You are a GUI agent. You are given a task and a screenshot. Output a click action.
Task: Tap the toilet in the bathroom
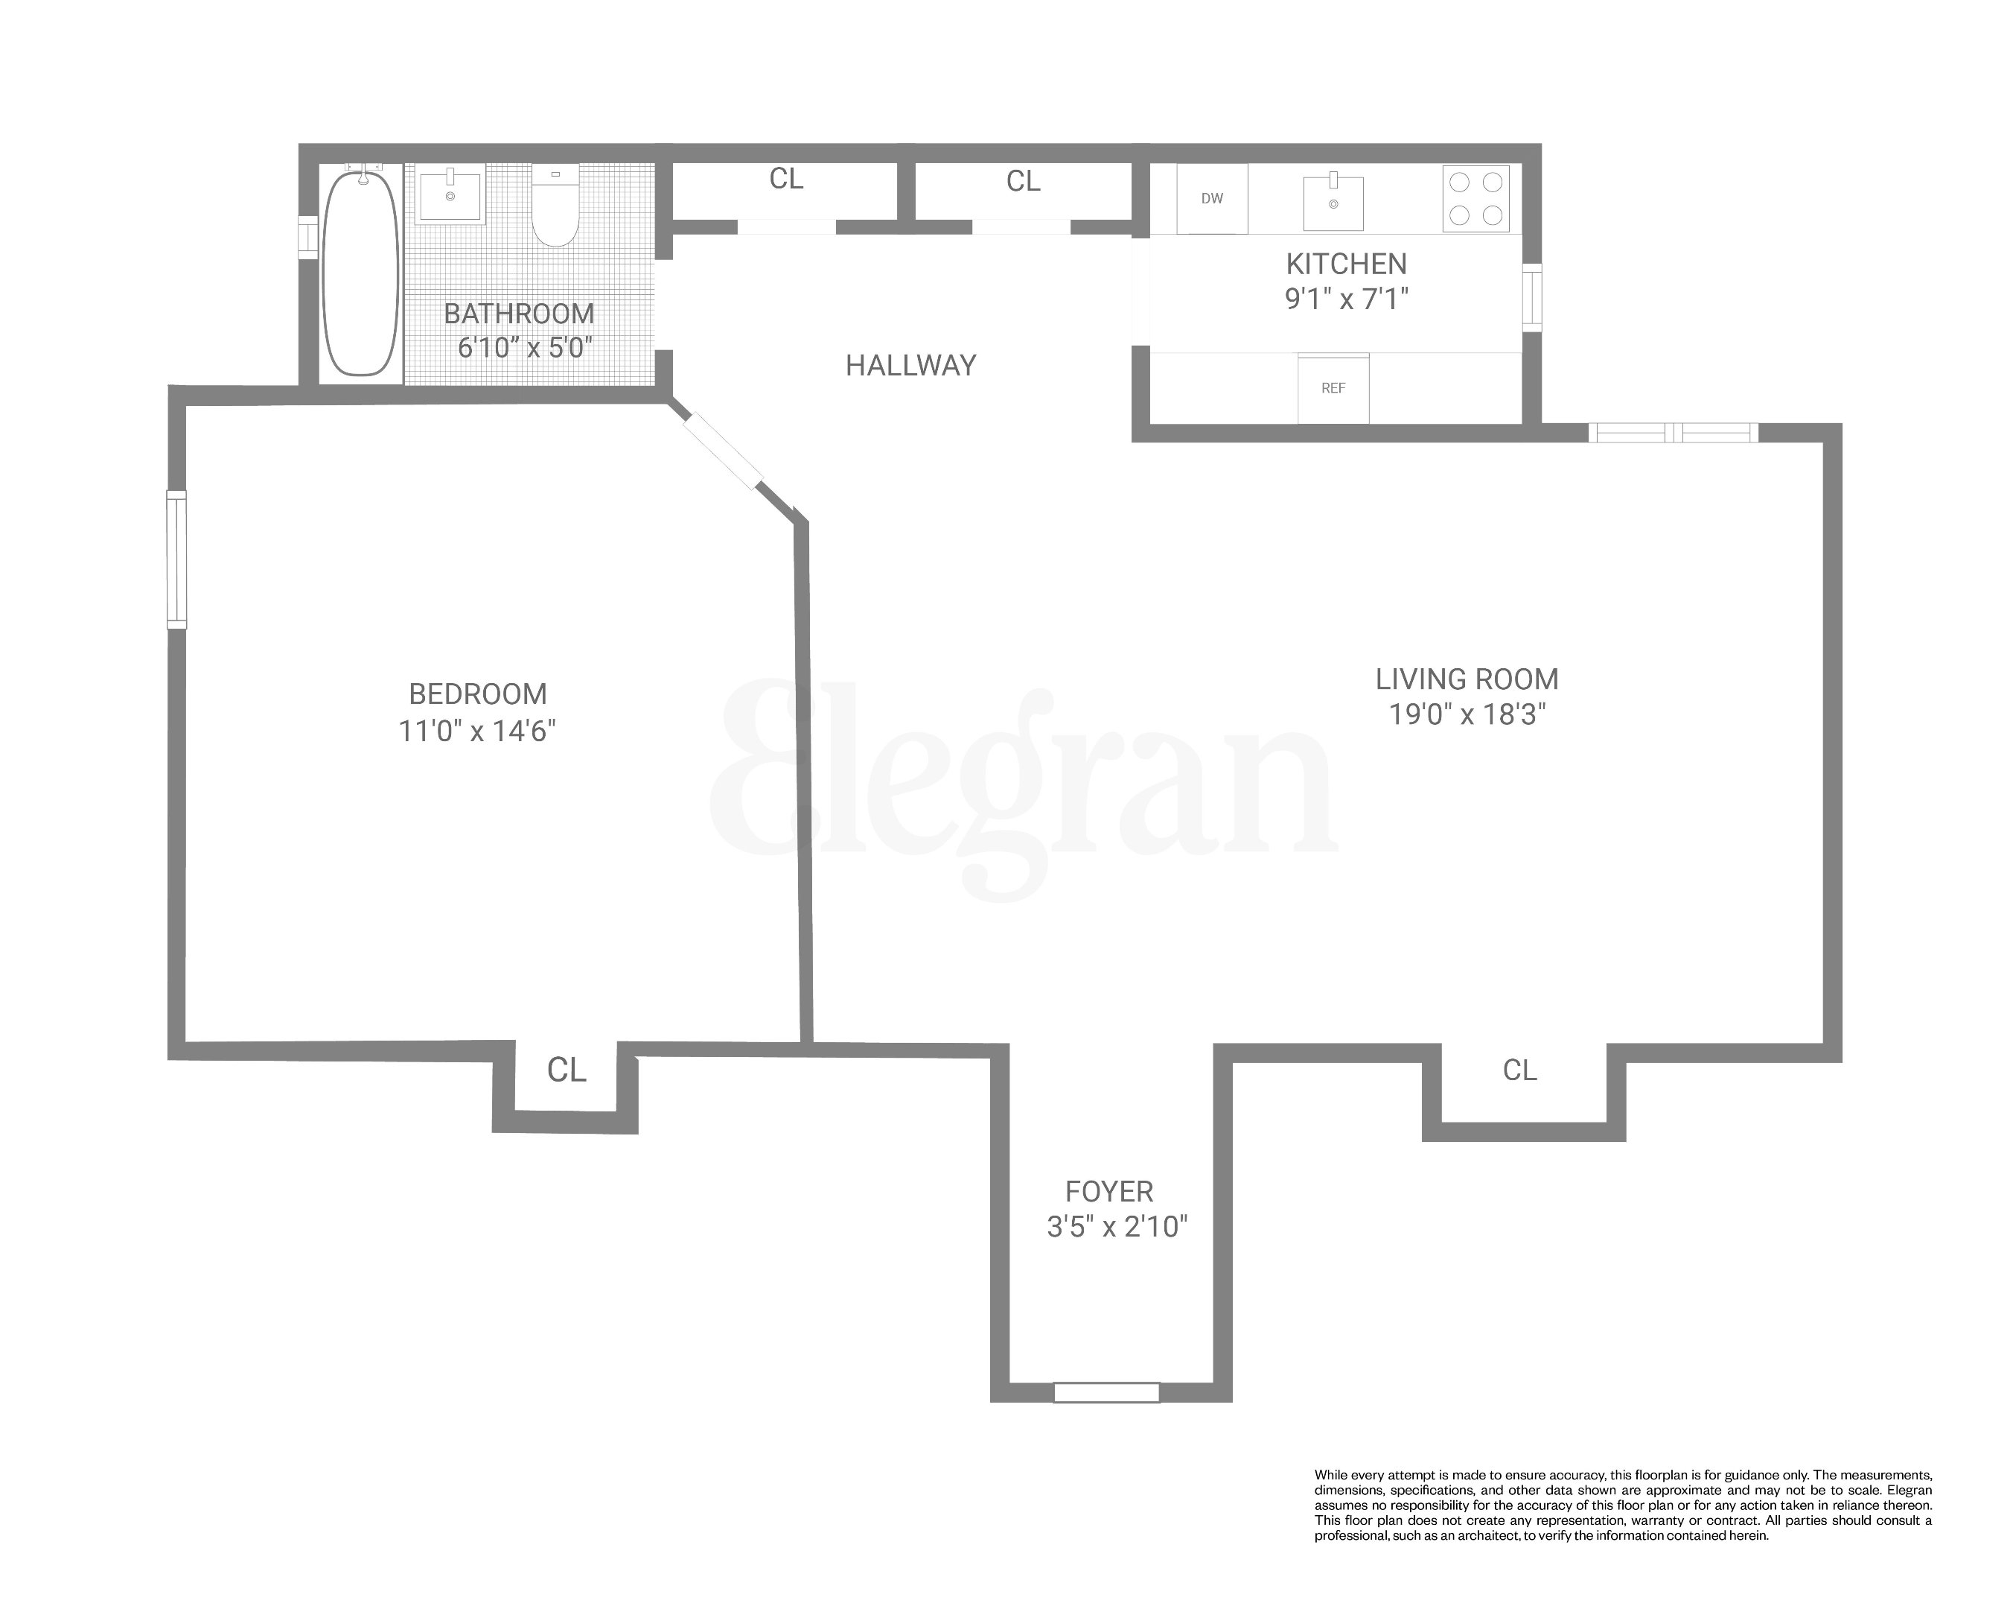(x=555, y=207)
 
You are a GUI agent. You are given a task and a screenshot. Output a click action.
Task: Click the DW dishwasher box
(x=1211, y=199)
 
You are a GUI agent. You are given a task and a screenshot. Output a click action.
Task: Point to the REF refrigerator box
(x=1333, y=388)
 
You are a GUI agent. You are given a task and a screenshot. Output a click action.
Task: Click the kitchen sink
(x=1333, y=200)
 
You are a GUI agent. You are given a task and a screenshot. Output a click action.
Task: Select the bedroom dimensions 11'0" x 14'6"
(x=476, y=730)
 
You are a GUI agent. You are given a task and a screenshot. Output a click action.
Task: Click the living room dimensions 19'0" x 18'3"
(x=1467, y=714)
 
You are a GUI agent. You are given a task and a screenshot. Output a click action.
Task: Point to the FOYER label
(x=1108, y=1191)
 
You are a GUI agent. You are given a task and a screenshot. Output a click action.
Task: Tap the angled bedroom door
(x=723, y=451)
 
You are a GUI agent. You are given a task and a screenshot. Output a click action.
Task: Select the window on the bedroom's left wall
(x=176, y=559)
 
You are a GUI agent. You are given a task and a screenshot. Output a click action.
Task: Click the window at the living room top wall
(x=1673, y=433)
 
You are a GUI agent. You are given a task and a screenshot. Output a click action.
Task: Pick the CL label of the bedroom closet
(x=566, y=1070)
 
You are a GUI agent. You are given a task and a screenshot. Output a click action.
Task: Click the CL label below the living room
(x=1519, y=1070)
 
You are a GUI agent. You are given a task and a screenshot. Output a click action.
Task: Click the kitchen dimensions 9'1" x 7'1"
(x=1345, y=299)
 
